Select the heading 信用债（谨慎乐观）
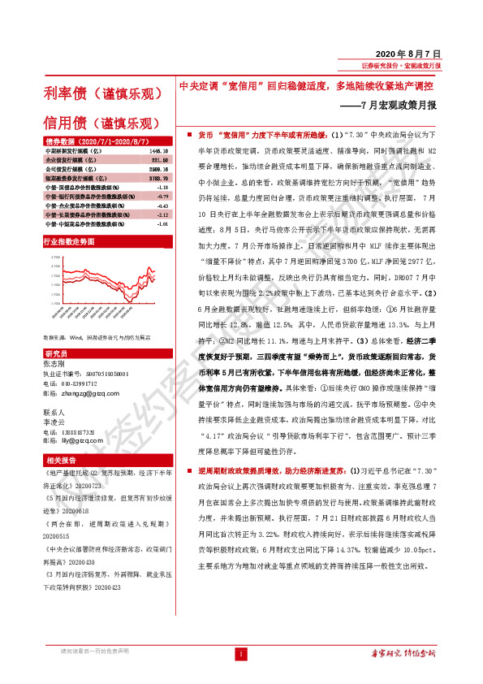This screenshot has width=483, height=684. tap(101, 123)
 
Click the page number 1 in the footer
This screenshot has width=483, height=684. tap(241, 653)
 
